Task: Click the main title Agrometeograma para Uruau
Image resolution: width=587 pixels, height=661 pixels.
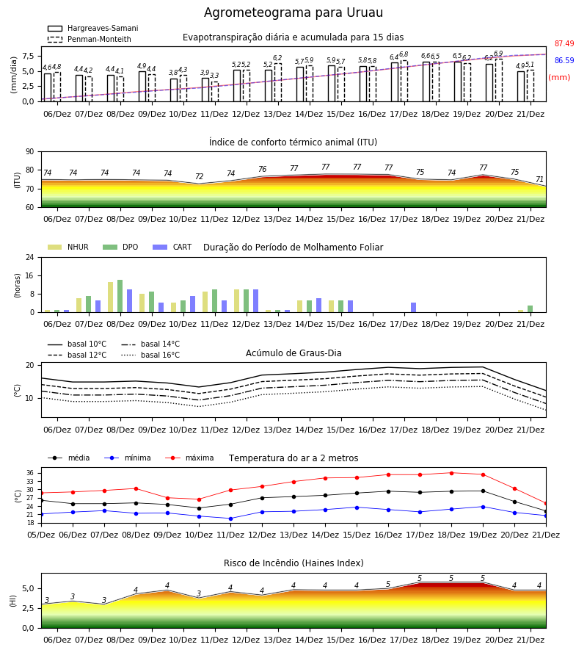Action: pyautogui.click(x=293, y=12)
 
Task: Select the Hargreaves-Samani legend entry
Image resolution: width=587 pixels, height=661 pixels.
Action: pyautogui.click(x=92, y=28)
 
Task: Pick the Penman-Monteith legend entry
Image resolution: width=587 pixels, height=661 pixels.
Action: pyautogui.click(x=90, y=39)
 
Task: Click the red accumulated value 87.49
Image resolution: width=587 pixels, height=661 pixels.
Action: pyautogui.click(x=564, y=43)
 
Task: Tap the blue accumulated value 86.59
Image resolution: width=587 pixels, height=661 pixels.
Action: pyautogui.click(x=564, y=60)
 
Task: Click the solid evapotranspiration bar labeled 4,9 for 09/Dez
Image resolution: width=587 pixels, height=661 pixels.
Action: pyautogui.click(x=142, y=87)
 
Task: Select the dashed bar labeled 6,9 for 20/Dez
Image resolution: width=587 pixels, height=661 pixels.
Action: pyautogui.click(x=498, y=80)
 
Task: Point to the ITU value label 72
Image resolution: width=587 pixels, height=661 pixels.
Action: pyautogui.click(x=199, y=176)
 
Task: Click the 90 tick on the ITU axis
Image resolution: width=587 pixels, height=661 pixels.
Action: pyautogui.click(x=30, y=152)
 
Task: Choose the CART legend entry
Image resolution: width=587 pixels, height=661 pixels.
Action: pyautogui.click(x=172, y=247)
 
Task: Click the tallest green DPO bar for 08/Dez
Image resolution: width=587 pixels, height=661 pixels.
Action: pyautogui.click(x=120, y=296)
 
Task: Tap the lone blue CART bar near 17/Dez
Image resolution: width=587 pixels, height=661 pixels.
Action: pyautogui.click(x=414, y=307)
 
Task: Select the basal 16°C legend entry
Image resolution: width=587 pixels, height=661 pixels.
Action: pyautogui.click(x=150, y=355)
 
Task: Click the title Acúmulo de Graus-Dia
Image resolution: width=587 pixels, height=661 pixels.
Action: pyautogui.click(x=293, y=353)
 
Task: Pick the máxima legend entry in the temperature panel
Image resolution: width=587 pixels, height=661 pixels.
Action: pyautogui.click(x=189, y=458)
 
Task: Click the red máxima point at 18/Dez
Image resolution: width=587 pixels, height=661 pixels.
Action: pyautogui.click(x=451, y=473)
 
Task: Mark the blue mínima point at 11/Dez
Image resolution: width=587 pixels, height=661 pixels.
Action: pyautogui.click(x=230, y=519)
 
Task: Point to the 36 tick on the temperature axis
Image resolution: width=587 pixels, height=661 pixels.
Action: pyautogui.click(x=30, y=473)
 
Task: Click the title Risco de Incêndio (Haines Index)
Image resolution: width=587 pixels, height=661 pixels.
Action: pyautogui.click(x=293, y=563)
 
